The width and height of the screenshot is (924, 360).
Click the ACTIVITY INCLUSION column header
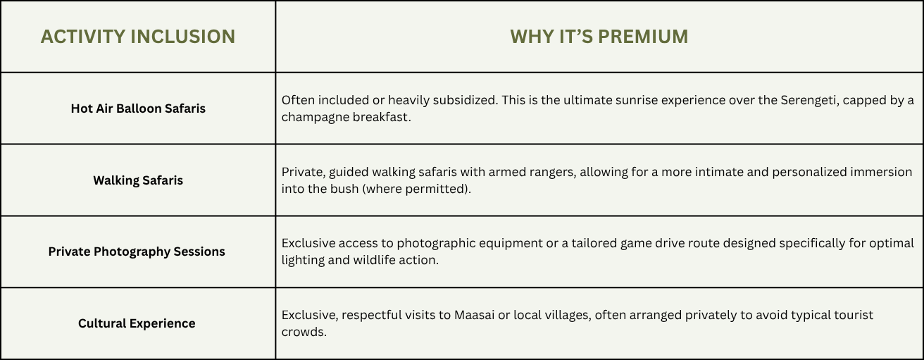tap(138, 37)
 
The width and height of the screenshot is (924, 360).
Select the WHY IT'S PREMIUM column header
tap(599, 37)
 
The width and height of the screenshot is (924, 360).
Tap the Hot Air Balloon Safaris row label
tap(138, 108)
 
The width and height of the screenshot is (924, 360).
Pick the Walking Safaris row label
tap(138, 180)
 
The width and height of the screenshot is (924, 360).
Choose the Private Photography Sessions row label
tap(137, 252)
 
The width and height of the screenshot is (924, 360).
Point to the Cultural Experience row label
tap(137, 323)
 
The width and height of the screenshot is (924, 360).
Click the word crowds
tap(304, 332)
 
